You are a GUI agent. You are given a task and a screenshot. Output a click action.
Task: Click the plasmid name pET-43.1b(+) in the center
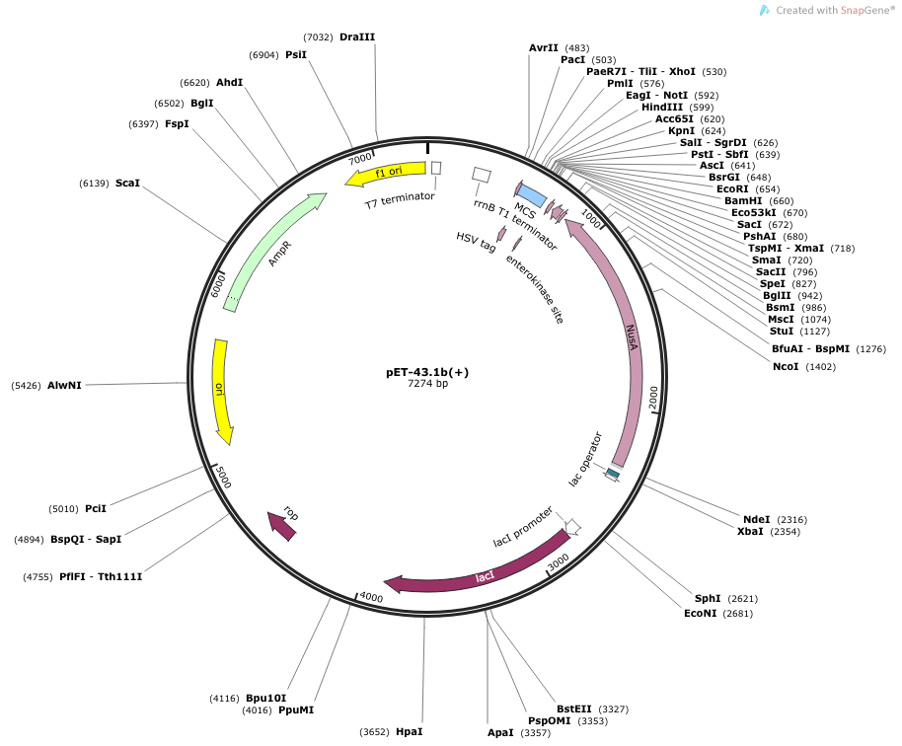click(x=427, y=372)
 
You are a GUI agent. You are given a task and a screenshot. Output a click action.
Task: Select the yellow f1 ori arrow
click(x=386, y=173)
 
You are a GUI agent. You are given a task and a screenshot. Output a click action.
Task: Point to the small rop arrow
click(x=282, y=526)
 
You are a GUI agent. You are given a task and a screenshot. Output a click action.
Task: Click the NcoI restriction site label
click(x=786, y=366)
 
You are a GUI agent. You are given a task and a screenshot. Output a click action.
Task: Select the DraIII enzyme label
click(x=357, y=37)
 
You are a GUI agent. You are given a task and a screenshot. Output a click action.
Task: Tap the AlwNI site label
click(x=64, y=386)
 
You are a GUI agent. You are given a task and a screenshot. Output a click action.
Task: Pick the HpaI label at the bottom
click(x=409, y=731)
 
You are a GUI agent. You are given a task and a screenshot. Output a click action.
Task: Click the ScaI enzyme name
click(x=127, y=183)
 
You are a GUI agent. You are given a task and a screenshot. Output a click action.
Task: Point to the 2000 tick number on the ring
click(x=653, y=398)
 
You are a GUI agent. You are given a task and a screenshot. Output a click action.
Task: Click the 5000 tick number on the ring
click(x=223, y=477)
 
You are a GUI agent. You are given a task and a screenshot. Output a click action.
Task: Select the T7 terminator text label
click(x=400, y=200)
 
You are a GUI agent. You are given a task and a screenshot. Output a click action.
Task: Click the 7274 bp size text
click(x=427, y=383)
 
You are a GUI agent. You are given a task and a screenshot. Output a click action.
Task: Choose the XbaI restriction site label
click(x=750, y=532)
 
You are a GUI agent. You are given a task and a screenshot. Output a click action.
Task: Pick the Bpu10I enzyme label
click(x=265, y=699)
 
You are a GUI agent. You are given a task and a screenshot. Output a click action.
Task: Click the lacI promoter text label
click(x=523, y=527)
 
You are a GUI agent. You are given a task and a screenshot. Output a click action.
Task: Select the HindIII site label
click(x=662, y=107)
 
